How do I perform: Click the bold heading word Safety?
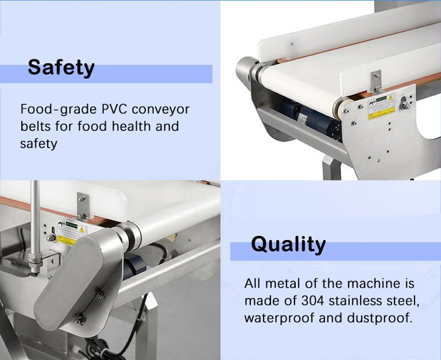point(61,68)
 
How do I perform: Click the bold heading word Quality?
point(288,244)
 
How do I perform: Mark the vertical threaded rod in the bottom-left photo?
point(36,224)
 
